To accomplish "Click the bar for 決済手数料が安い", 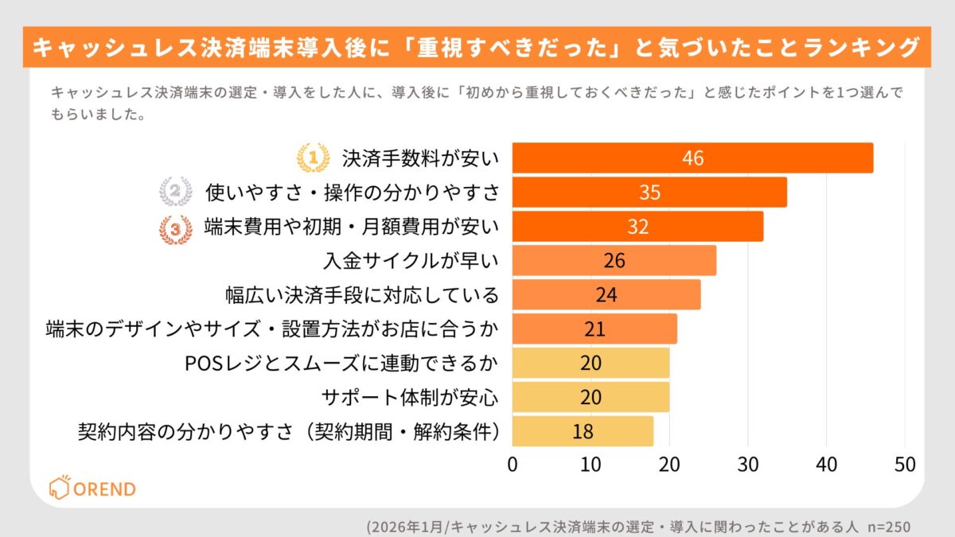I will [692, 158].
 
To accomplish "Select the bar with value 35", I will [649, 192].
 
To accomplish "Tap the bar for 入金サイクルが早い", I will [614, 260].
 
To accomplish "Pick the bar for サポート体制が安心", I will [590, 397].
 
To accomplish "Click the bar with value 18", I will [582, 431].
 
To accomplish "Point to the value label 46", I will [692, 158].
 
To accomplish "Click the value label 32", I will [637, 226].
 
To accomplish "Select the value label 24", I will [606, 294].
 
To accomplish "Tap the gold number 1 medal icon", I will [313, 158].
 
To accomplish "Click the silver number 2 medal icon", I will [175, 192].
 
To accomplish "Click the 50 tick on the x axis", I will [904, 464].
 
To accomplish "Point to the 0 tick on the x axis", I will [513, 464].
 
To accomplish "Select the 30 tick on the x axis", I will [747, 464].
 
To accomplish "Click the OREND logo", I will [92, 488].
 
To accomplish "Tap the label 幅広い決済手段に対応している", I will [362, 295].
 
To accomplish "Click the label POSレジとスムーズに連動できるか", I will [341, 363].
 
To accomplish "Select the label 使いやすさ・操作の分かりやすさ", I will [353, 192].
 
